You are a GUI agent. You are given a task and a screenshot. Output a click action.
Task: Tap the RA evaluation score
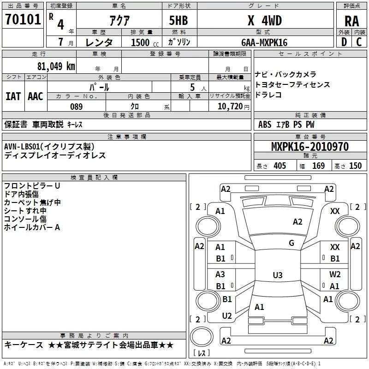pos(351,22)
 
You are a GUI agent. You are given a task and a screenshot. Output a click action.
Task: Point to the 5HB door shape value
pos(179,21)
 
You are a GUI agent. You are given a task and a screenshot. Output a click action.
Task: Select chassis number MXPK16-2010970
pos(309,147)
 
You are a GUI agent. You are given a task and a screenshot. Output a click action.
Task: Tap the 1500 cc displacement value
pos(141,42)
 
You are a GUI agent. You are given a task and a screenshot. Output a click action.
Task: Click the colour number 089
pos(76,107)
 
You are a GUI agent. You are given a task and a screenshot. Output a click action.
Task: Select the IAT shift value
pos(13,96)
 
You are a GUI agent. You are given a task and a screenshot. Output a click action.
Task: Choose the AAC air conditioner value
pos(36,96)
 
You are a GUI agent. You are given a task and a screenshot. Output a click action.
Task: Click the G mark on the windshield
pos(292,243)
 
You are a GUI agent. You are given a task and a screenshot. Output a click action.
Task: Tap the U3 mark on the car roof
pos(277,275)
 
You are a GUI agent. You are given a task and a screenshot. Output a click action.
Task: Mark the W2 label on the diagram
pos(335,274)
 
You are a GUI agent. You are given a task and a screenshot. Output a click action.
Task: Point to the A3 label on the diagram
pos(220,274)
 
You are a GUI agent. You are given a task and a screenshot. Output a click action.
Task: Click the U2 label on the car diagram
pos(227,316)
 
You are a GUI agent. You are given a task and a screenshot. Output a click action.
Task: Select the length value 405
pos(280,166)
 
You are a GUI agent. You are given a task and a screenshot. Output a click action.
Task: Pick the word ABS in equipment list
pos(265,125)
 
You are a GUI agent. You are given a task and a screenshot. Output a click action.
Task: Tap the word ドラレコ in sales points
pos(268,95)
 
